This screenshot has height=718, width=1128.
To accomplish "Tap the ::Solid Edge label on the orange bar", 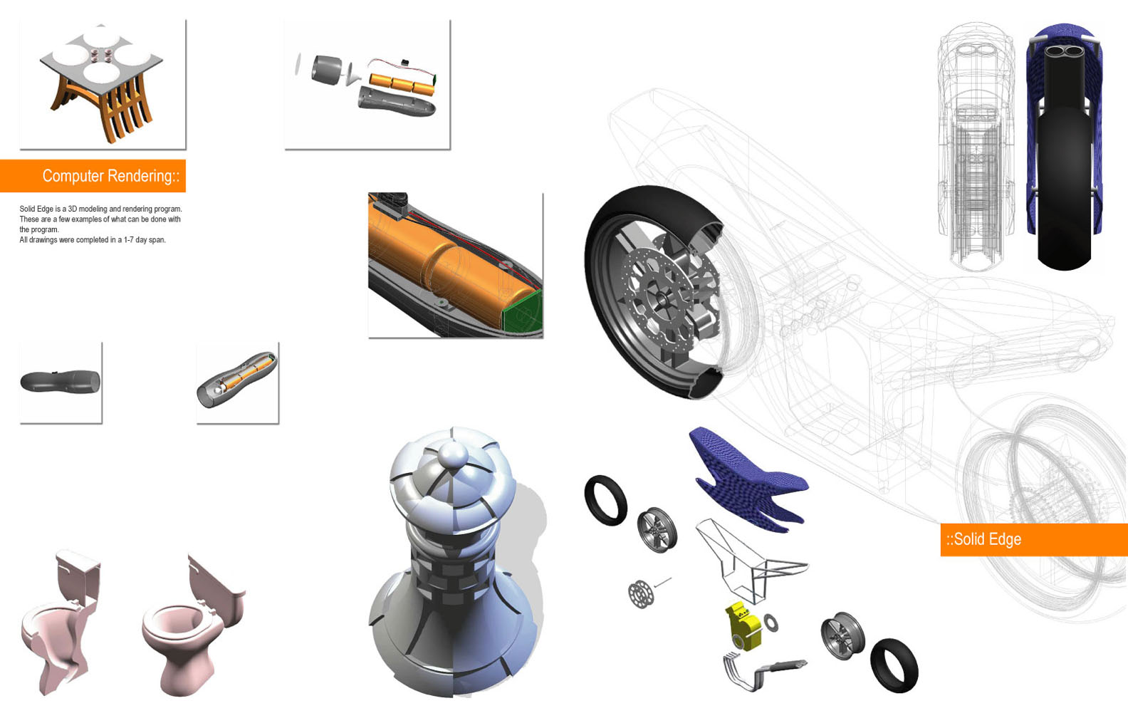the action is tap(983, 539).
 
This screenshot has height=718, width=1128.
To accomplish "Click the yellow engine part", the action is tap(743, 626).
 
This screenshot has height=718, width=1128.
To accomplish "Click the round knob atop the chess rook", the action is tap(453, 454).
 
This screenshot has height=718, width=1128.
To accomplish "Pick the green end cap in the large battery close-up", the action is tap(522, 311).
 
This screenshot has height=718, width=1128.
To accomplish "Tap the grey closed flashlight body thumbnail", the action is tap(61, 381).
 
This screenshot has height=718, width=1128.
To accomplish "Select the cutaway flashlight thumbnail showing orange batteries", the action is tap(236, 380).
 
